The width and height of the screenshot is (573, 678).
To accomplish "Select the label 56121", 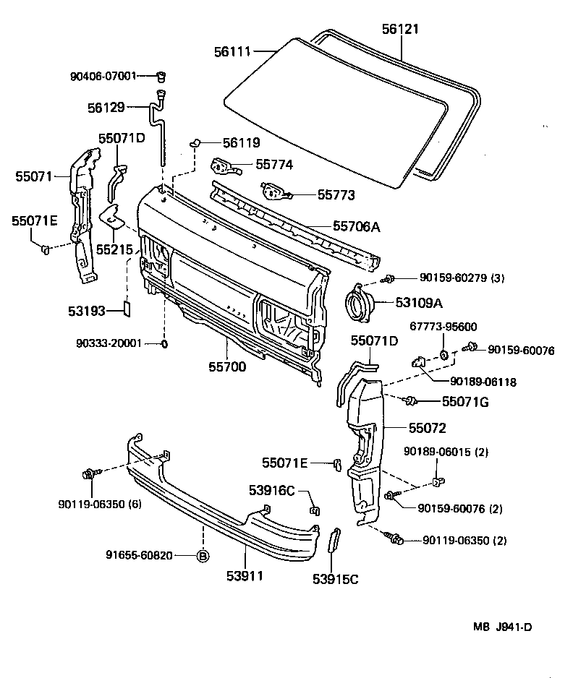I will (400, 30).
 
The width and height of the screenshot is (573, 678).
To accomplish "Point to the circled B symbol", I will (203, 556).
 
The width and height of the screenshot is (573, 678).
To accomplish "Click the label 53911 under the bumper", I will (245, 576).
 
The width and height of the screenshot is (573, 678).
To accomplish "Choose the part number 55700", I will (228, 366).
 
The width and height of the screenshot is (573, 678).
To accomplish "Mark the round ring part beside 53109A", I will (359, 303).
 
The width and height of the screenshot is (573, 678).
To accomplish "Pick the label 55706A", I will (356, 227).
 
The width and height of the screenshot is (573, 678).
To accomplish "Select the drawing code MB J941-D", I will (504, 627).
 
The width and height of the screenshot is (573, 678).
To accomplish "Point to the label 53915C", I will (335, 578).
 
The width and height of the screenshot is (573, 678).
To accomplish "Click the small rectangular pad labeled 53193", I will (125, 309).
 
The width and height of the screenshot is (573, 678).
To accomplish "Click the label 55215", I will (115, 249).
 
